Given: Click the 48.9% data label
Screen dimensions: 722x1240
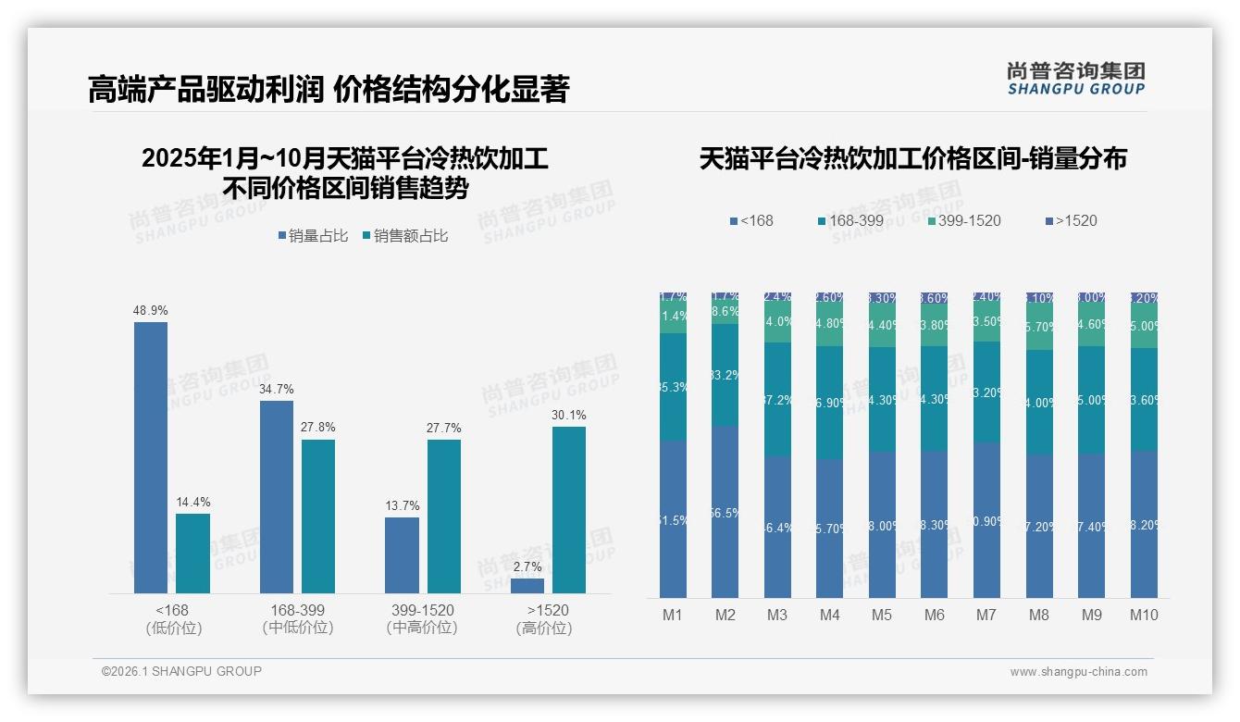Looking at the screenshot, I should pos(151,310).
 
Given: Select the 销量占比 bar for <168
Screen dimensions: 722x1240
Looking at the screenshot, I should pos(151,457).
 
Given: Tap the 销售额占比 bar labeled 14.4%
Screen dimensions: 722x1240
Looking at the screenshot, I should pos(192,553).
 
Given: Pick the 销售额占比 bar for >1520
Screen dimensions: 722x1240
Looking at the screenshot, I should pos(569,509).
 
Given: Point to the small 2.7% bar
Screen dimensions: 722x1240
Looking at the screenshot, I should pos(527,585).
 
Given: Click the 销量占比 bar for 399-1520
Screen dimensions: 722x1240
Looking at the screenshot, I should pos(402,554).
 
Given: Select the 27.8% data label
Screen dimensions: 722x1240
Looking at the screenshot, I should pos(318,428).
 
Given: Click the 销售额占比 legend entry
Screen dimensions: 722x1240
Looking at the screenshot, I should pos(405,236).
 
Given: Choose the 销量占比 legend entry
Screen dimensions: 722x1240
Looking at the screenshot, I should pos(313,236).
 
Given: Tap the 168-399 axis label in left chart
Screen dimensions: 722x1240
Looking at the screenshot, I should pos(297,611).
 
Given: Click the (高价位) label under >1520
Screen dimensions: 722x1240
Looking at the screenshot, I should pos(544,629).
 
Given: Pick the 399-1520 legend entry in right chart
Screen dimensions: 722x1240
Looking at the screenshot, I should pos(963,220).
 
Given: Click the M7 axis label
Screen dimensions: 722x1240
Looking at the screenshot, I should pos(986,615).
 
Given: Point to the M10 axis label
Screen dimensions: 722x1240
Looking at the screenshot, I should pos(1144,615).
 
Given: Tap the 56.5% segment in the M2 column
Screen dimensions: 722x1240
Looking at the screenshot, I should pos(725,512).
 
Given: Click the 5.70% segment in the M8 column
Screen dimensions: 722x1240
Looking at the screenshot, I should pos(1039,328).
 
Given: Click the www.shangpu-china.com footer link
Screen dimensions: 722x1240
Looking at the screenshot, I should pos(1078,672).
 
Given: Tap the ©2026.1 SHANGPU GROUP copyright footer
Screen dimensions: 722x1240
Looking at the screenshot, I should pos(181,671).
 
